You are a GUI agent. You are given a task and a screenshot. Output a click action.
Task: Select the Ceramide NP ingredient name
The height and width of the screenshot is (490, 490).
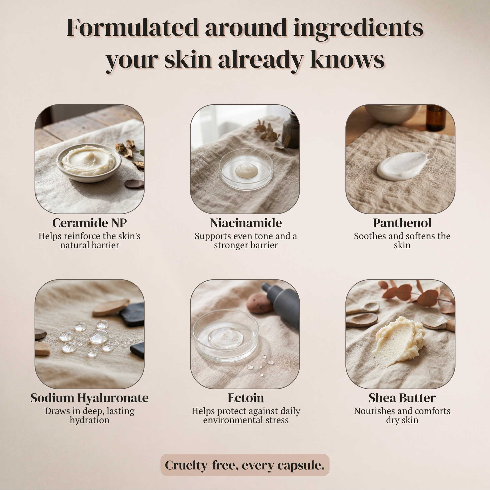[x=90, y=223]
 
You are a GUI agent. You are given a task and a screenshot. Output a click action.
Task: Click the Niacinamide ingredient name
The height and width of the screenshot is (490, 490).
[x=246, y=223]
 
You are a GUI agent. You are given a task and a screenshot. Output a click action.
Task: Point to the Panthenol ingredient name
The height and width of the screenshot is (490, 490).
[x=402, y=223]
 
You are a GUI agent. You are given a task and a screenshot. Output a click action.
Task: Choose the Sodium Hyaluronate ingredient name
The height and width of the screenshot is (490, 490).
[x=90, y=398]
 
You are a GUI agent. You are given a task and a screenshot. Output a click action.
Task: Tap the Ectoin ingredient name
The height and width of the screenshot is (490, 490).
[x=246, y=398]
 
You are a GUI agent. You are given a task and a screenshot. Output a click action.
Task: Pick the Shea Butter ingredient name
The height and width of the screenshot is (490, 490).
[x=402, y=398]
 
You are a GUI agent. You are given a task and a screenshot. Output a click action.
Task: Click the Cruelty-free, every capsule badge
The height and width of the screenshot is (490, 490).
[x=245, y=465]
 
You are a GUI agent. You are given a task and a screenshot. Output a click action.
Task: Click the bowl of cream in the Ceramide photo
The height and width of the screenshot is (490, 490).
[x=89, y=163]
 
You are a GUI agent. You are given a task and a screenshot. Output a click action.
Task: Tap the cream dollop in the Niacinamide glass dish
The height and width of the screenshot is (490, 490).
[x=247, y=170]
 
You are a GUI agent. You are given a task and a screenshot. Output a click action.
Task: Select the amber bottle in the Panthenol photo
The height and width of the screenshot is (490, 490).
[x=436, y=118]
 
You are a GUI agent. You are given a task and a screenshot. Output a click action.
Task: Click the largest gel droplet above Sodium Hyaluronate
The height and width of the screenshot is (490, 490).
[x=99, y=336]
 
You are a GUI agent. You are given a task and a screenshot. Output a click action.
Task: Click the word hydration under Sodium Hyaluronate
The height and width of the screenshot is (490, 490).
[x=90, y=420]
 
